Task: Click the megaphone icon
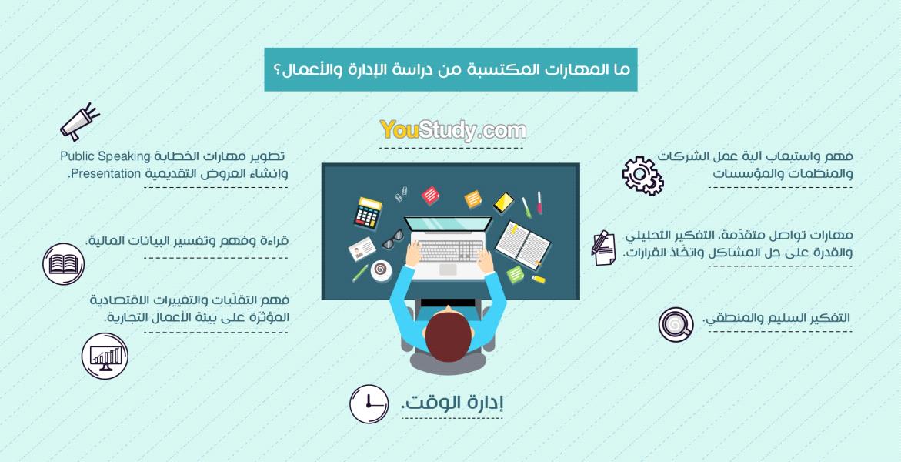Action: [79, 122]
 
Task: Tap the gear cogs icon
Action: [642, 176]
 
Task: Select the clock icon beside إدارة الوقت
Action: [369, 404]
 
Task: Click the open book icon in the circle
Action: [63, 264]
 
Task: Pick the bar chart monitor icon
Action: [105, 357]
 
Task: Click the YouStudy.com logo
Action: [452, 130]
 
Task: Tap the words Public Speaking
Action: [105, 156]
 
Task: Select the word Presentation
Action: [105, 174]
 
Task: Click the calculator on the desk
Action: [368, 213]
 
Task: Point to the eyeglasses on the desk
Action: [393, 239]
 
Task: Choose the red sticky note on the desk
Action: [430, 196]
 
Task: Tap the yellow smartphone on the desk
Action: [503, 203]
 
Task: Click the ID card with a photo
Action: [362, 249]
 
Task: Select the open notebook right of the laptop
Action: [522, 245]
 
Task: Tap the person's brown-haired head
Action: [449, 336]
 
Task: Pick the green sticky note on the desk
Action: [516, 274]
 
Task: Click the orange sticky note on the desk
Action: [473, 199]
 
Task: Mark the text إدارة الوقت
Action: [452, 403]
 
